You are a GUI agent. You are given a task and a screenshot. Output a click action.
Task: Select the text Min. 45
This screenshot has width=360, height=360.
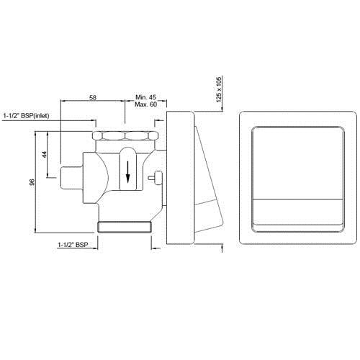[146, 95]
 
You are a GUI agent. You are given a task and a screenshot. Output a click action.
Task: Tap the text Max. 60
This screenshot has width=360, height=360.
[146, 104]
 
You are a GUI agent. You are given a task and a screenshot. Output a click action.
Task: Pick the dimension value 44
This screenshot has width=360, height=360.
[44, 155]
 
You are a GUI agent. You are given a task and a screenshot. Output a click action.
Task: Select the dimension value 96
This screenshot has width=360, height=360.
[32, 183]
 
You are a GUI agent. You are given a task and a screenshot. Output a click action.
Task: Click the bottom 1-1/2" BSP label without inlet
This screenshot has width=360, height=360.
[73, 246]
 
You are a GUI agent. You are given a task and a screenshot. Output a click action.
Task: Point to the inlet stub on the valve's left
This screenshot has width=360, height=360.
[71, 174]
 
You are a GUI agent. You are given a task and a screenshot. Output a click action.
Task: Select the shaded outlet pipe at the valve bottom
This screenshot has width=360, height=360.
[125, 228]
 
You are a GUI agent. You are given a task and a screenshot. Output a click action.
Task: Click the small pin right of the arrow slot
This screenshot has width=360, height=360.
[153, 175]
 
